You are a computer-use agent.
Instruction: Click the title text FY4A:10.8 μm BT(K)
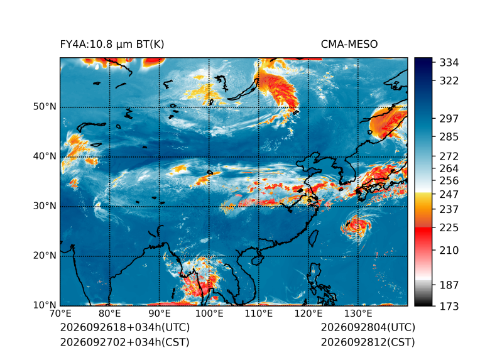point(112,45)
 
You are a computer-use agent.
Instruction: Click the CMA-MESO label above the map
point(349,45)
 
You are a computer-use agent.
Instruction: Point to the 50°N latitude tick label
point(45,107)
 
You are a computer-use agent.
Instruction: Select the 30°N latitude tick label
point(45,206)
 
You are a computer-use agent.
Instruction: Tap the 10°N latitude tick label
point(45,305)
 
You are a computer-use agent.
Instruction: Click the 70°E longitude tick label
point(60,314)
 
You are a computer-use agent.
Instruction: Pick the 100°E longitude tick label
point(209,314)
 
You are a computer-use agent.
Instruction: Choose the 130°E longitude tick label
point(358,314)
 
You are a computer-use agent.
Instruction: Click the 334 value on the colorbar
point(449,63)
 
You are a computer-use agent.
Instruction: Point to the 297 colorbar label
point(449,119)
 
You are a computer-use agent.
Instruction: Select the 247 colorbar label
point(449,194)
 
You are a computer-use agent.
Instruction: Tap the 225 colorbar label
point(449,228)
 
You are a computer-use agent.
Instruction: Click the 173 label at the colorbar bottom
point(449,306)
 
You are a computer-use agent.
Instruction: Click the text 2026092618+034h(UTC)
point(125,327)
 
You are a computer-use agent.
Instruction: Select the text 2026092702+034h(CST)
point(125,342)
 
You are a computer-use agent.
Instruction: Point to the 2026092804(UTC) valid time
point(368,327)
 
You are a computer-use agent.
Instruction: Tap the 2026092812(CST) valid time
point(368,342)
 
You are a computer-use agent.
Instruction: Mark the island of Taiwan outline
point(313,239)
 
